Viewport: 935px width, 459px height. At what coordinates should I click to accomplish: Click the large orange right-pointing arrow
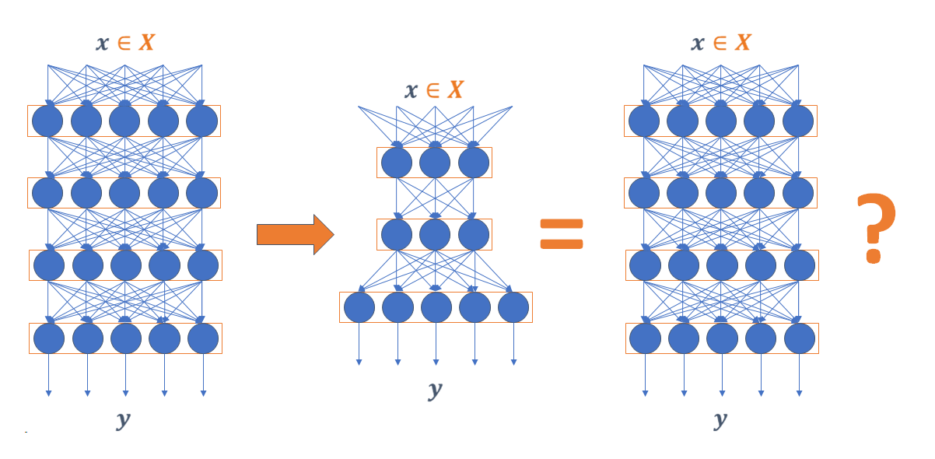[x=295, y=234]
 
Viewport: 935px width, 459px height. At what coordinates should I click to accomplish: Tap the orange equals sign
[x=562, y=234]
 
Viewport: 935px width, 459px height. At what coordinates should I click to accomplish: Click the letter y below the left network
[x=123, y=420]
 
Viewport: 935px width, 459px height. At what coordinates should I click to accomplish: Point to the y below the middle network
[x=435, y=389]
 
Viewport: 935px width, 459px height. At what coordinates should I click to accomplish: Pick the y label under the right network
[x=720, y=420]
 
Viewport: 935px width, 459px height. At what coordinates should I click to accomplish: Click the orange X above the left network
[x=146, y=42]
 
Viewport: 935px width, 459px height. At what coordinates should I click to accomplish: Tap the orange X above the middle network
[x=455, y=90]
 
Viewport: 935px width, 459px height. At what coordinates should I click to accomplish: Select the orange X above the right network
[x=743, y=42]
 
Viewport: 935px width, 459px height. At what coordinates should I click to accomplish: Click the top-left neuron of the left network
[x=48, y=121]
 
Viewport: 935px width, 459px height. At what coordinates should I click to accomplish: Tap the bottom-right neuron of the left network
[x=203, y=338]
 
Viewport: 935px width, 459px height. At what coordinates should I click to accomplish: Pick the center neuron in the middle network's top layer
[x=435, y=163]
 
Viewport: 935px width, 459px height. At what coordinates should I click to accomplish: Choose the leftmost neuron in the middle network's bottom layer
[x=359, y=307]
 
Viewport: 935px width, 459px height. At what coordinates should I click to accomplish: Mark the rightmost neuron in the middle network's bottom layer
[x=513, y=307]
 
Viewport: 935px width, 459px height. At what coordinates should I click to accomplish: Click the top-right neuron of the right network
[x=798, y=121]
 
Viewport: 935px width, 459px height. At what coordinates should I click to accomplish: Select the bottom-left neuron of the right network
[x=645, y=338]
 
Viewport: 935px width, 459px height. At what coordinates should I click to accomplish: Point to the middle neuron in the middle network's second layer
[x=435, y=234]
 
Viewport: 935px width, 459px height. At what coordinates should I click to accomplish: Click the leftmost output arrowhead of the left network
[x=48, y=393]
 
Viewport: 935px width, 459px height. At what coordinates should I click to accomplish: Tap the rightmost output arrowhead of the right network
[x=800, y=393]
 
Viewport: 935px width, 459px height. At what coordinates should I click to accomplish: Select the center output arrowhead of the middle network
[x=436, y=361]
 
